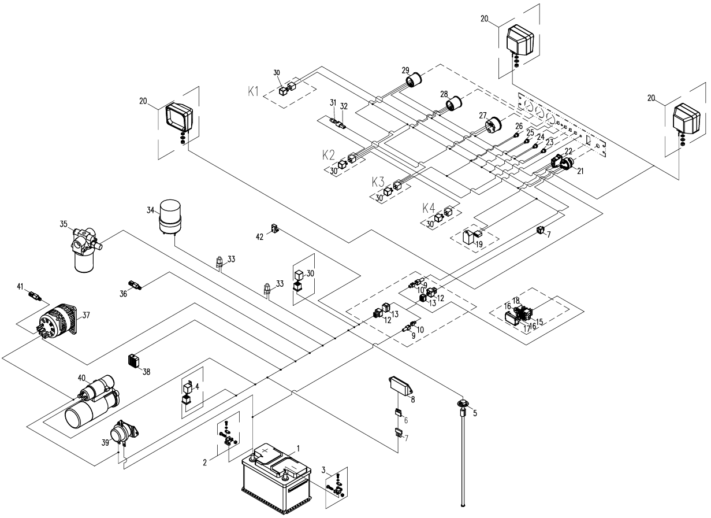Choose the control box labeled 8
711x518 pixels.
coord(401,384)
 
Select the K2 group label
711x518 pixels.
coord(329,155)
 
